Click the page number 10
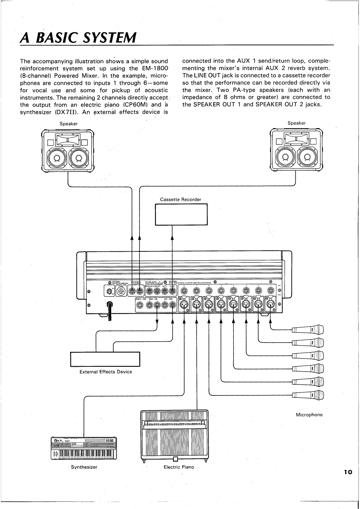click(x=348, y=472)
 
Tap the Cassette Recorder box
click(x=181, y=214)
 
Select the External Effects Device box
click(x=105, y=359)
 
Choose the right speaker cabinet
click(x=296, y=150)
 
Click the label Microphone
click(x=309, y=415)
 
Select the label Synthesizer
click(x=84, y=467)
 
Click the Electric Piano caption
click(x=179, y=467)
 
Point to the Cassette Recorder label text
click(x=180, y=199)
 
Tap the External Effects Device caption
click(x=106, y=372)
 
